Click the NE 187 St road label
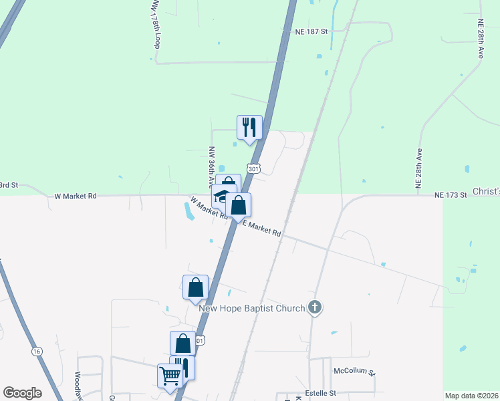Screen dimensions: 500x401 tap(312, 31)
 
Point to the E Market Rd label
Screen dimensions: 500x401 tap(261, 229)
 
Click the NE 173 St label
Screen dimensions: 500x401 tap(449, 194)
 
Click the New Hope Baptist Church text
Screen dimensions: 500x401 tap(253, 308)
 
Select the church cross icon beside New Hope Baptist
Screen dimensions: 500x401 tap(316, 308)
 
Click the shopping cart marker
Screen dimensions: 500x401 tap(169, 376)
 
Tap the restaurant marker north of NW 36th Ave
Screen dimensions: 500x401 tap(249, 127)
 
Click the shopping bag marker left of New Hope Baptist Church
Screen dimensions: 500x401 tap(195, 287)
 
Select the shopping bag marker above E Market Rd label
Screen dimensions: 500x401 tap(238, 205)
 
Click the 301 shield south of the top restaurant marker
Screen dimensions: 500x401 tap(253, 169)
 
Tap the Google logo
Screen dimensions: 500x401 tap(22, 393)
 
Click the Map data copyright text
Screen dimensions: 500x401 tap(472, 396)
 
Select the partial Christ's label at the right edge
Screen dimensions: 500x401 tap(487, 192)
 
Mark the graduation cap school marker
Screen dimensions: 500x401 tap(220, 197)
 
